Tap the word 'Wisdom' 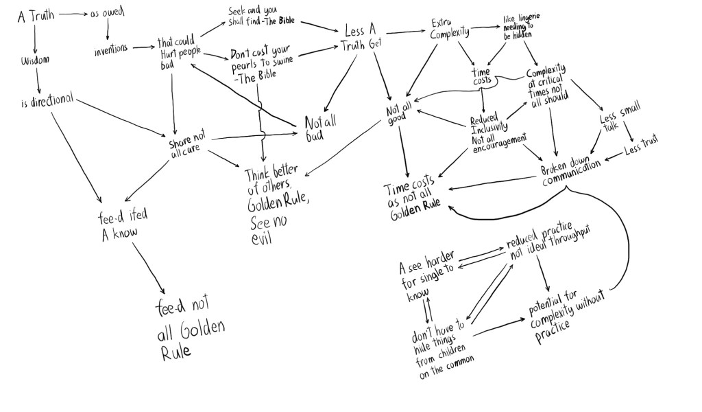[x=36, y=60]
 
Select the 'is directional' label [x=47, y=100]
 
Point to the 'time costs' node [x=482, y=76]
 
